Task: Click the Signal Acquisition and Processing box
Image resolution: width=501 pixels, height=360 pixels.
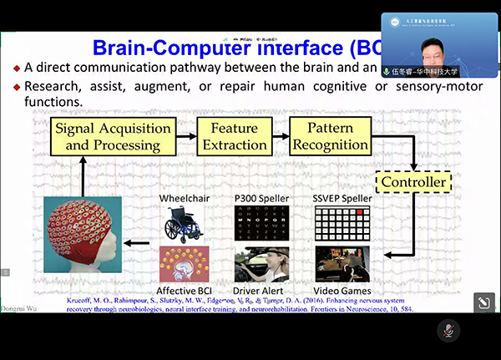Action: click(x=106, y=137)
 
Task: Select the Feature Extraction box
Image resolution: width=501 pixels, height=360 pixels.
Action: click(x=233, y=137)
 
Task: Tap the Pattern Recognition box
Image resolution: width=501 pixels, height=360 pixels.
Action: click(x=331, y=137)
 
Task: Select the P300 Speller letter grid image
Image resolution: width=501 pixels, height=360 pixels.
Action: click(x=261, y=225)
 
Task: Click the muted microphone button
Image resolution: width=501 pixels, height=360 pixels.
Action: click(x=448, y=331)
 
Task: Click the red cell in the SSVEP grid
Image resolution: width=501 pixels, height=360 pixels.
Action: click(x=359, y=213)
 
